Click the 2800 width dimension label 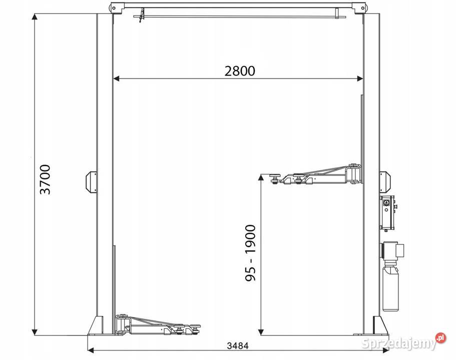pyautogui.click(x=240, y=71)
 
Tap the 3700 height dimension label pyautogui.click(x=45, y=179)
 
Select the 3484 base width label pyautogui.click(x=238, y=346)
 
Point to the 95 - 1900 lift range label pyautogui.click(x=250, y=253)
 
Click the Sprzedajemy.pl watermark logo pyautogui.click(x=403, y=342)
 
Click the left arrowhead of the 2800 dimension pyautogui.click(x=116, y=78)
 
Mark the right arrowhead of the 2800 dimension pyautogui.click(x=360, y=78)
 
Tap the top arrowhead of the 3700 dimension pyautogui.click(x=35, y=17)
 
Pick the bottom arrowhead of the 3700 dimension pyautogui.click(x=35, y=331)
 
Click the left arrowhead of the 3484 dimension pyautogui.click(x=91, y=350)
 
